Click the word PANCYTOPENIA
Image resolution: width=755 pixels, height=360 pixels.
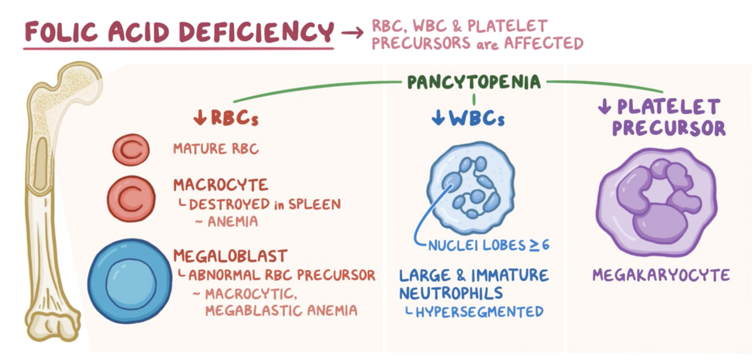(x=473, y=83)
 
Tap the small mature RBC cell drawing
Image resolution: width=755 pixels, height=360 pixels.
(x=131, y=149)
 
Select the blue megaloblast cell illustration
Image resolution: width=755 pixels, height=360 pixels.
(x=130, y=281)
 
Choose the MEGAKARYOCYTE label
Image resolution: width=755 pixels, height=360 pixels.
(x=660, y=276)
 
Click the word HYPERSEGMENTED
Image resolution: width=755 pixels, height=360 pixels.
(x=479, y=311)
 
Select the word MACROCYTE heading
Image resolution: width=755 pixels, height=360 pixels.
(x=221, y=186)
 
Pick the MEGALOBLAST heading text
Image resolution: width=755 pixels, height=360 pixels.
(x=230, y=256)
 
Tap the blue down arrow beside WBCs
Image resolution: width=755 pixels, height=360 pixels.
(x=437, y=118)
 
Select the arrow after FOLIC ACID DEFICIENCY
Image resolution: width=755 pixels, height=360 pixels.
(x=351, y=33)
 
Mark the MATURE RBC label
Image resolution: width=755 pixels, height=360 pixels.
(x=216, y=149)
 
